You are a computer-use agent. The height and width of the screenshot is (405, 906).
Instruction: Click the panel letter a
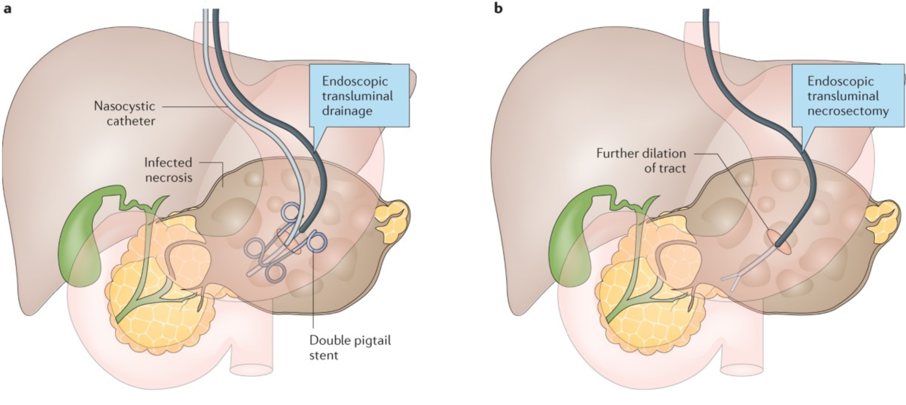point(7,9)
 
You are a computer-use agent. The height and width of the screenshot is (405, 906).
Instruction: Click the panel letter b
point(498,9)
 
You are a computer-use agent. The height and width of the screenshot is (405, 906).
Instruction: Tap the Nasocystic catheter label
point(124,114)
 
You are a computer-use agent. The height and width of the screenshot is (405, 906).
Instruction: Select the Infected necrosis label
point(168,170)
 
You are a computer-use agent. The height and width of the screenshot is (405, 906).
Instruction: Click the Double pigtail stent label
point(350,347)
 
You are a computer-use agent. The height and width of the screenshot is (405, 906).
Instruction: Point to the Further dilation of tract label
point(641,160)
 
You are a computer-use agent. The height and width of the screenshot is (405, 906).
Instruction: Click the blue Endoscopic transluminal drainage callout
point(357,95)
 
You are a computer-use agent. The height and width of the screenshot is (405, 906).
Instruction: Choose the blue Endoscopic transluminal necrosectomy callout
point(848,95)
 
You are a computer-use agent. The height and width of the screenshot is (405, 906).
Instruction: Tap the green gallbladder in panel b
point(573,239)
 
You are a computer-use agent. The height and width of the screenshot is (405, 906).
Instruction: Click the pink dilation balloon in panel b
point(779,243)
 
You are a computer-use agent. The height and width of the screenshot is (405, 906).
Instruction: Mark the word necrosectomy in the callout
point(848,111)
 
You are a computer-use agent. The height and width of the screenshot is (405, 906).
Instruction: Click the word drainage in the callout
point(347,111)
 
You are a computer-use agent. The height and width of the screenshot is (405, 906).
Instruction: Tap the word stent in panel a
point(323,355)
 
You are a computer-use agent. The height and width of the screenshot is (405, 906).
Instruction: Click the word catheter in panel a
point(131,121)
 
